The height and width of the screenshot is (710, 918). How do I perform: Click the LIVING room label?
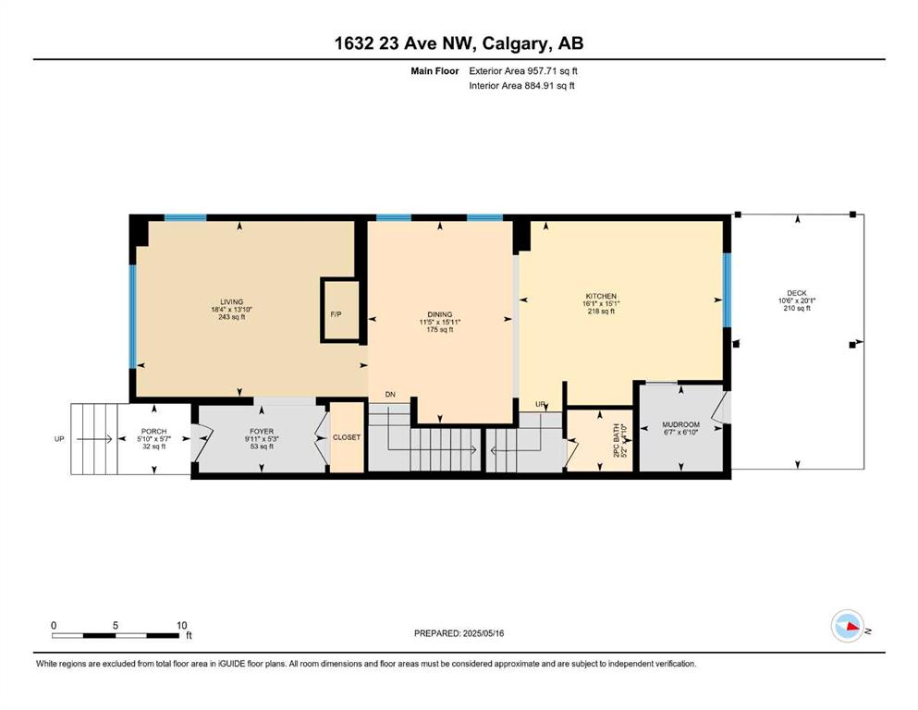click(x=232, y=302)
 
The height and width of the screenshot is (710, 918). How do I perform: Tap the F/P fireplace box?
click(x=340, y=311)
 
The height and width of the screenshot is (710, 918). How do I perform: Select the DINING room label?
click(x=440, y=314)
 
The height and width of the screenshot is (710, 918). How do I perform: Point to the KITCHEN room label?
click(x=601, y=296)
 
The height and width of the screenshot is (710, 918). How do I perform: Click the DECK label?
click(x=797, y=293)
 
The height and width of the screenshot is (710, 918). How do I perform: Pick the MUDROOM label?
click(x=681, y=424)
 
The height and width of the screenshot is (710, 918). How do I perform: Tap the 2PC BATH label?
click(x=616, y=440)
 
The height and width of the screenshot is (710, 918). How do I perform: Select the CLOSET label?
click(x=347, y=437)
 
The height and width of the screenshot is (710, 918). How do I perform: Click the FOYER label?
click(x=261, y=432)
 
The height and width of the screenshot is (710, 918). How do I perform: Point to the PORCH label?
click(x=154, y=432)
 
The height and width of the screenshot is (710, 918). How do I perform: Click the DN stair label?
click(x=390, y=395)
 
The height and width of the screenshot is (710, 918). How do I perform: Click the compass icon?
click(x=848, y=626)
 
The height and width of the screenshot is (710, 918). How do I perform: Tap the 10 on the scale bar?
click(x=181, y=625)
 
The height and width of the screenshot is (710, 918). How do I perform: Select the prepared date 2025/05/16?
click(x=483, y=633)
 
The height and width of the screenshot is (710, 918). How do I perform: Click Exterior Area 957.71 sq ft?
click(x=523, y=71)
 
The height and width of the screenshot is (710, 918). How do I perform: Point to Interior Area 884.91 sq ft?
click(x=521, y=85)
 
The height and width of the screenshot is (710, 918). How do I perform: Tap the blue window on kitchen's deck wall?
click(x=728, y=289)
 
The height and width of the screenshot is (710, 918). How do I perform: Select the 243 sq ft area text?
click(x=232, y=317)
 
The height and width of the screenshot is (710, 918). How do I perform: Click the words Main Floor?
click(x=435, y=71)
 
